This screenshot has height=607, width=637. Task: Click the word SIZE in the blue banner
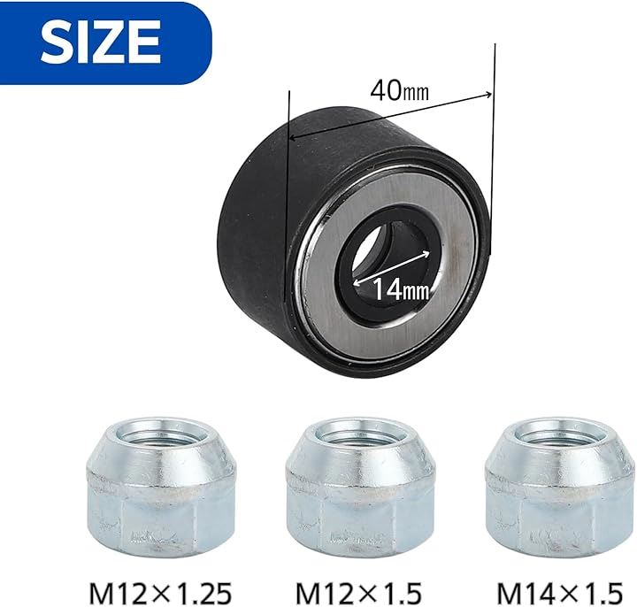pyautogui.click(x=101, y=42)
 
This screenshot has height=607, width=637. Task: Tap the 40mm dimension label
pyautogui.click(x=399, y=90)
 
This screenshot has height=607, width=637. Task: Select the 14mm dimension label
pyautogui.click(x=401, y=289)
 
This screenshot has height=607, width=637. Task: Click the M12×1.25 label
pyautogui.click(x=160, y=593)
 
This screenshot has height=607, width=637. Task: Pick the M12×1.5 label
pyautogui.click(x=358, y=593)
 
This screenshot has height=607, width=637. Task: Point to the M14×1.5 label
pyautogui.click(x=560, y=593)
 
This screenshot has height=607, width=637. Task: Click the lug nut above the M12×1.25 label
pyautogui.click(x=160, y=488)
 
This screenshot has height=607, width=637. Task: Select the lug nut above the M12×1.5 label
pyautogui.click(x=360, y=488)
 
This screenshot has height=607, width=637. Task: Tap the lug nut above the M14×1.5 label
pyautogui.click(x=560, y=488)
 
